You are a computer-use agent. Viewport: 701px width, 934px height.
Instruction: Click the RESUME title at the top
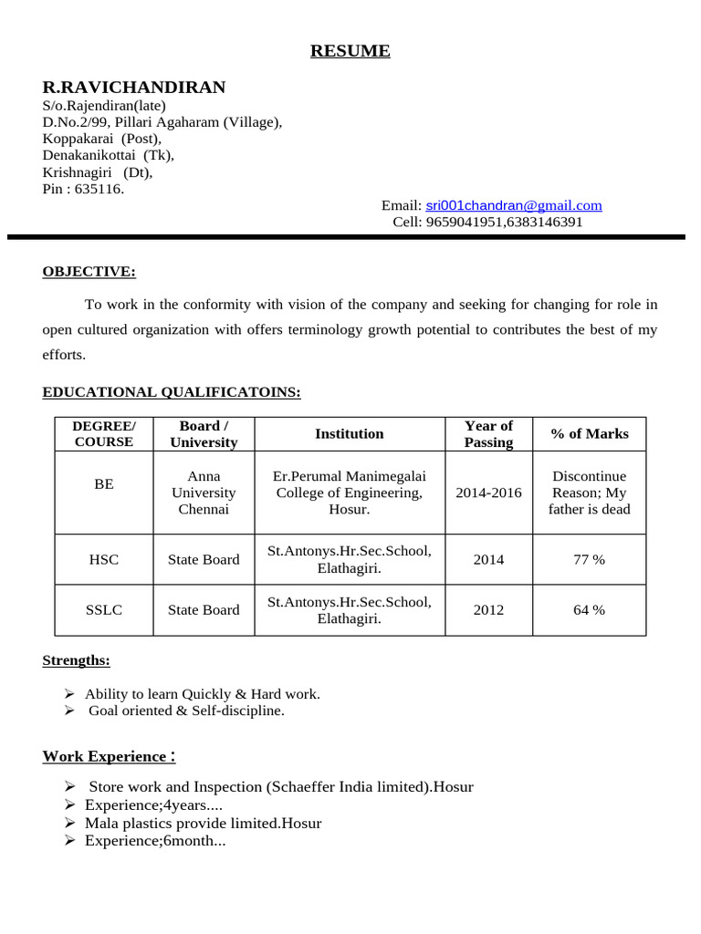point(350,51)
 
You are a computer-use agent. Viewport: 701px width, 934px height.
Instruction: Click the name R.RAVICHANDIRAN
point(134,88)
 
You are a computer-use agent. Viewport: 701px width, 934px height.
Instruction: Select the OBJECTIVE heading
point(89,271)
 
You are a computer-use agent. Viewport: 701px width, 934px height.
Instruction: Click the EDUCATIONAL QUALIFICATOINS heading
point(172,392)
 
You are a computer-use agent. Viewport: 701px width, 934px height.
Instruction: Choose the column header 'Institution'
point(350,434)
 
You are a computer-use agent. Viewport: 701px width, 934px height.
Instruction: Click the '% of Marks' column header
point(590,434)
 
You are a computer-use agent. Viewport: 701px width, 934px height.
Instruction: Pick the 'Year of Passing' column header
point(488,434)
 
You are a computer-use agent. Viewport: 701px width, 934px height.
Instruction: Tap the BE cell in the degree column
point(104,484)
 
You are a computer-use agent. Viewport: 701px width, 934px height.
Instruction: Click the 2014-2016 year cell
point(488,493)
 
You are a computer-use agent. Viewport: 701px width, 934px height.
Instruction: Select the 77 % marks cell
point(589,559)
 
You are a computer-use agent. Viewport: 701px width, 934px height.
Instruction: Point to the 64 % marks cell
point(589,609)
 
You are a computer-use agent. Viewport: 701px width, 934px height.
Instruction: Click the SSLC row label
point(104,609)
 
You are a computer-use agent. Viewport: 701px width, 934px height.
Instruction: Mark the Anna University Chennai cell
point(204,493)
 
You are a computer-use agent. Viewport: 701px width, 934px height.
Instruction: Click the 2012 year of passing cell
point(488,609)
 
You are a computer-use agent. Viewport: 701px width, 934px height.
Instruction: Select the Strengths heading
point(77,660)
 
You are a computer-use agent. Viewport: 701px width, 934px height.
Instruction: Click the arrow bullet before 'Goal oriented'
point(70,711)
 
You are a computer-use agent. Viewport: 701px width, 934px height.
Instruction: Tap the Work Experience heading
point(109,756)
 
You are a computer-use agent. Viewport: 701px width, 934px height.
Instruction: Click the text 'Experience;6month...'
point(155,841)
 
